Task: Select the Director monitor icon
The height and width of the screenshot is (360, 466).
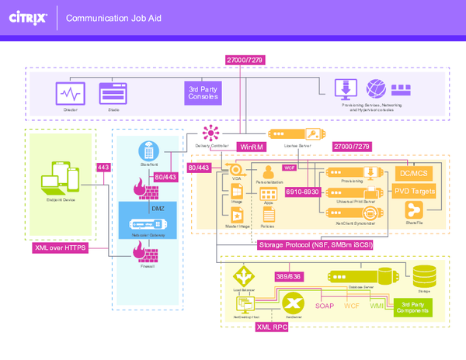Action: point(70,94)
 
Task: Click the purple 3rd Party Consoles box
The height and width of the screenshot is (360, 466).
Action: point(204,93)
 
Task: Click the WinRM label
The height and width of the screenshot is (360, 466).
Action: point(251,145)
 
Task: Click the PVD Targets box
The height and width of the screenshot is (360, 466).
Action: point(414,190)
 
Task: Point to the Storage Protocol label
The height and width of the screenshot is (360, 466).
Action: point(315,245)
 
